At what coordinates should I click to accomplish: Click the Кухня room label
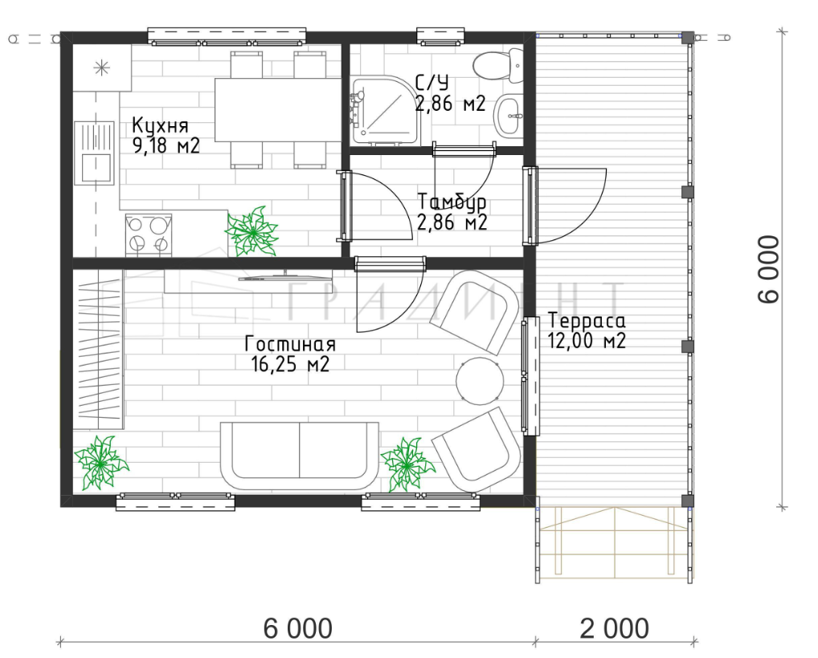click(160, 126)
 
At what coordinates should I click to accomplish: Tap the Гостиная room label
click(290, 345)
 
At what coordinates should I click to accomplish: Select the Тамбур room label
click(452, 202)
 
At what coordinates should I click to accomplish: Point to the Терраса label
click(587, 321)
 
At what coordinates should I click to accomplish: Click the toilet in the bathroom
click(499, 66)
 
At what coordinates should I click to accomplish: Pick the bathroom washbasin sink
click(508, 116)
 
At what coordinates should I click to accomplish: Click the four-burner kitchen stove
click(149, 235)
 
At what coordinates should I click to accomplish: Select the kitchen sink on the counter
click(94, 153)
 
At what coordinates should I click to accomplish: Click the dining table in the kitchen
click(278, 109)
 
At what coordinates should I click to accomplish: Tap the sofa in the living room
click(300, 456)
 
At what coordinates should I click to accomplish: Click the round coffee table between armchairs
click(480, 381)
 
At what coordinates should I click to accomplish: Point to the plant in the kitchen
click(252, 231)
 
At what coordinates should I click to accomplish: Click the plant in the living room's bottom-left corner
click(100, 463)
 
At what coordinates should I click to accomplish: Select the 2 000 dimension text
click(615, 628)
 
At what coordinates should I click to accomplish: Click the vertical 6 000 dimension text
click(769, 268)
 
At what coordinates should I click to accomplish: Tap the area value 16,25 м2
click(290, 364)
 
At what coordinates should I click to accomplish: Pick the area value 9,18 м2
click(166, 146)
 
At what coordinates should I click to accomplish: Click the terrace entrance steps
click(616, 542)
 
